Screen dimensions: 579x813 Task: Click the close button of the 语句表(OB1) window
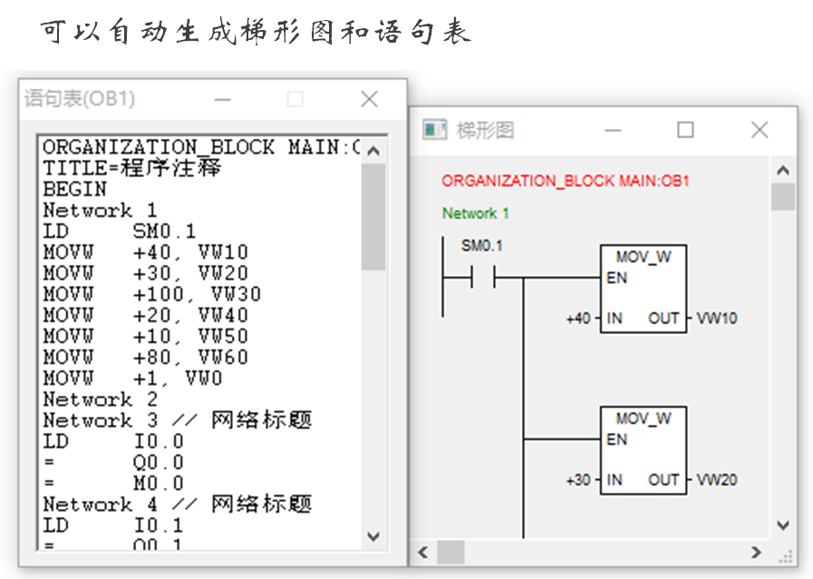tap(369, 99)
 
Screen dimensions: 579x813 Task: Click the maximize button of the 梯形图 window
tap(685, 130)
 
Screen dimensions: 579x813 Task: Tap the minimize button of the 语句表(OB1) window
tap(222, 99)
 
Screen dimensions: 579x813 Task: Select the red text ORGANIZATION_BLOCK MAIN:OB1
tap(566, 181)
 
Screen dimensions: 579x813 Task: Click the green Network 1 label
tap(476, 213)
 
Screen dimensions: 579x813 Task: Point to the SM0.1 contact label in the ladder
tap(482, 246)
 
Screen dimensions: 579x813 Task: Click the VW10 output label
tap(717, 319)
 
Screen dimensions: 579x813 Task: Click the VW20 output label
tap(717, 480)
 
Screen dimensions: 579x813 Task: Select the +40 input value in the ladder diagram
tap(578, 319)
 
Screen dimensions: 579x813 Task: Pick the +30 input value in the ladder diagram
tap(578, 480)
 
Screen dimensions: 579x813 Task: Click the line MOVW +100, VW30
tap(151, 294)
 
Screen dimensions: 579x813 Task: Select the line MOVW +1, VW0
tap(132, 378)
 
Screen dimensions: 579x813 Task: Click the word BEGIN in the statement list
tap(74, 190)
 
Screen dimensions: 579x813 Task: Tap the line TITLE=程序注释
tap(132, 169)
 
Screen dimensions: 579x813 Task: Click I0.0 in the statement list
tap(159, 441)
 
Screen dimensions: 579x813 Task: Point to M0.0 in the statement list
tap(159, 483)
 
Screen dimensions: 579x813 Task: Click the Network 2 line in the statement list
tap(101, 399)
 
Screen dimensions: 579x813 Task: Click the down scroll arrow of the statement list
tap(373, 536)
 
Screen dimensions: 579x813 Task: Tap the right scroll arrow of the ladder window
tap(757, 552)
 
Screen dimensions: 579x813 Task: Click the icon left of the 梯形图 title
tap(436, 130)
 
